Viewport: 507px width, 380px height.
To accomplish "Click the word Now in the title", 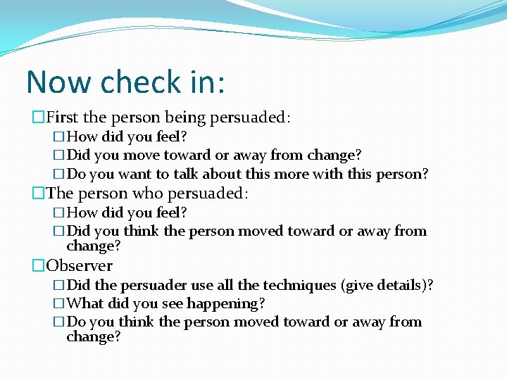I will tap(60, 82).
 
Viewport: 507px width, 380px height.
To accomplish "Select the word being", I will tap(187, 117).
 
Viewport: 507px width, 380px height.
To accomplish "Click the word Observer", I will tap(79, 265).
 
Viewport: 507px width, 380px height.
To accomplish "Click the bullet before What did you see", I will tap(59, 303).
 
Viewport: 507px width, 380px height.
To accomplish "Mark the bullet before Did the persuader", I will tap(59, 285).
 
